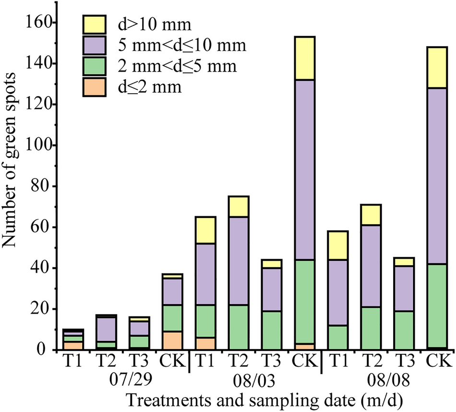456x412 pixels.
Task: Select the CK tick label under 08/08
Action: [436, 361]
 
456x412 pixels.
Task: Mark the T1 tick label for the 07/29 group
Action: [73, 361]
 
